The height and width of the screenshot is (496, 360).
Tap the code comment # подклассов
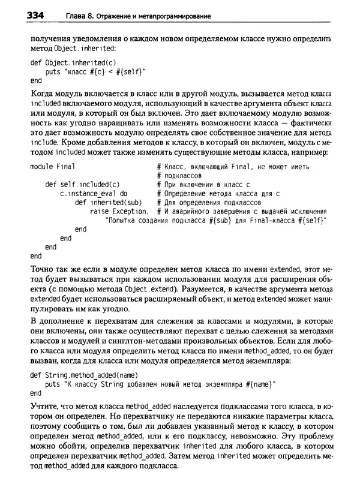click(178, 175)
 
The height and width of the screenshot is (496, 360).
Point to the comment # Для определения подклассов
click(207, 203)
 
